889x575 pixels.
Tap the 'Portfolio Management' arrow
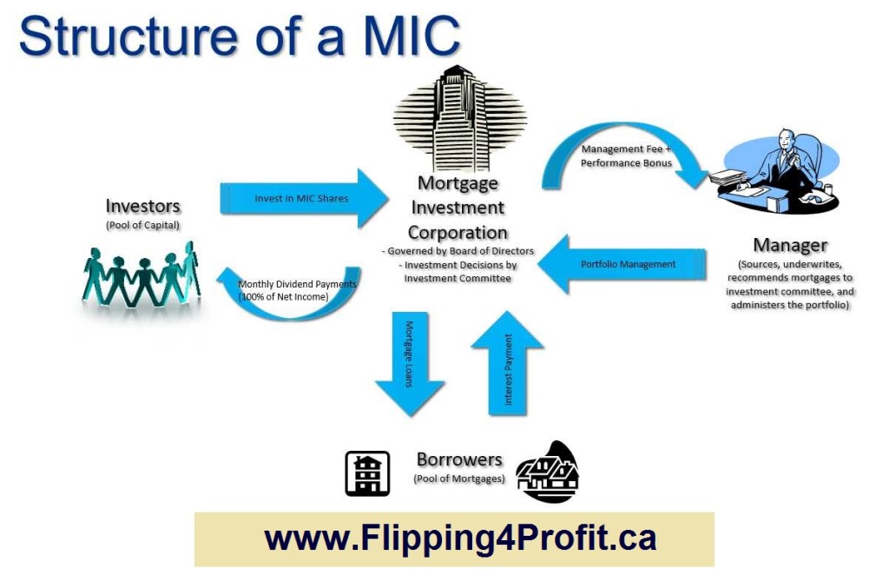(625, 264)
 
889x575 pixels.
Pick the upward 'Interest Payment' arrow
(508, 365)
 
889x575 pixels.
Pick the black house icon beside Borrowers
(548, 473)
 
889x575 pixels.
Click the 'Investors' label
(143, 207)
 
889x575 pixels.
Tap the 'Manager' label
(789, 246)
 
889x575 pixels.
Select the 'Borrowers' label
(459, 459)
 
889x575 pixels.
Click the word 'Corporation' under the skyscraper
(458, 233)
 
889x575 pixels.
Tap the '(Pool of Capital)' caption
(142, 225)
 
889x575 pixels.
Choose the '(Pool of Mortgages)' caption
(459, 479)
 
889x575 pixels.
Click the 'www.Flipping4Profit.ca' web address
(459, 538)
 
